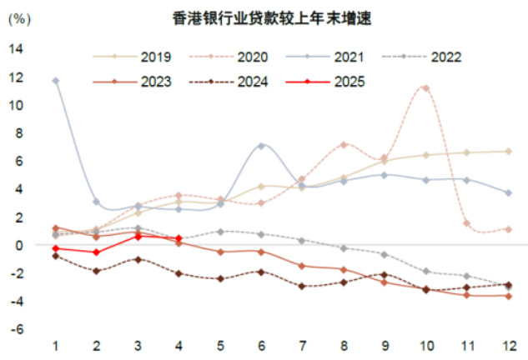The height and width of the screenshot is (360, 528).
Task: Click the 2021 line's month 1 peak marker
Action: point(55,81)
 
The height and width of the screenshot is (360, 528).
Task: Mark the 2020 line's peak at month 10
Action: point(425,87)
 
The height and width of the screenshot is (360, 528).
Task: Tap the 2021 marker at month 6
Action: point(262,146)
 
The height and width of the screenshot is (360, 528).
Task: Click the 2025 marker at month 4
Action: point(179,238)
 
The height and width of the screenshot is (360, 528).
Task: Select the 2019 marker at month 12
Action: point(508,151)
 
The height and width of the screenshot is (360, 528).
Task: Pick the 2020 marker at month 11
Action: point(466,223)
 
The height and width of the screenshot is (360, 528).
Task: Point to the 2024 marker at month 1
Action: point(55,256)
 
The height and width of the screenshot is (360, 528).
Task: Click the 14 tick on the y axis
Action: point(15,48)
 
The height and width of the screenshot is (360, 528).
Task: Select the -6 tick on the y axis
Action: point(15,329)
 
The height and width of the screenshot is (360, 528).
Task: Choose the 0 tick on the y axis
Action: point(18,245)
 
